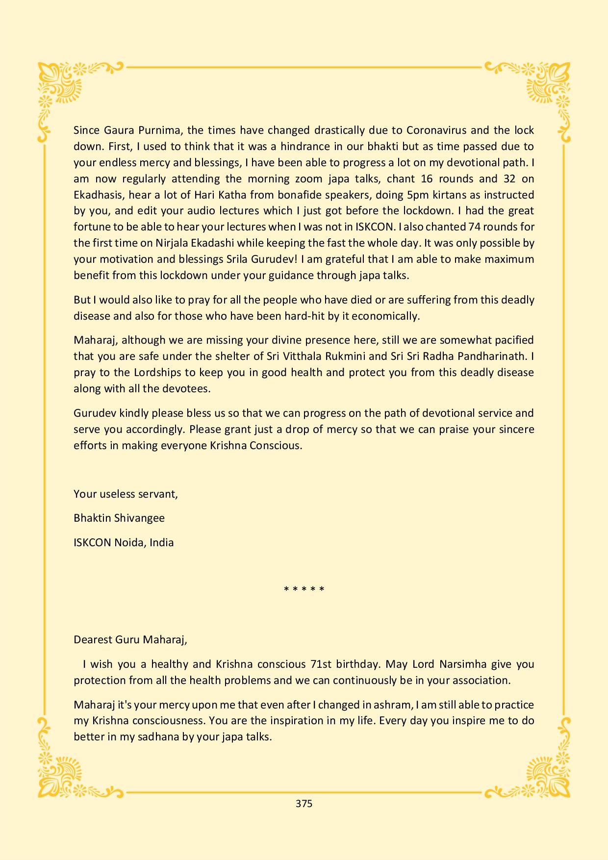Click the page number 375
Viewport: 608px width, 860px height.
click(304, 804)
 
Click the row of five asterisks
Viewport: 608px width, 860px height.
click(304, 589)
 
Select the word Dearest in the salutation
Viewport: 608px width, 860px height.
click(93, 640)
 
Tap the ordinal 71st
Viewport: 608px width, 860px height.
click(321, 664)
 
